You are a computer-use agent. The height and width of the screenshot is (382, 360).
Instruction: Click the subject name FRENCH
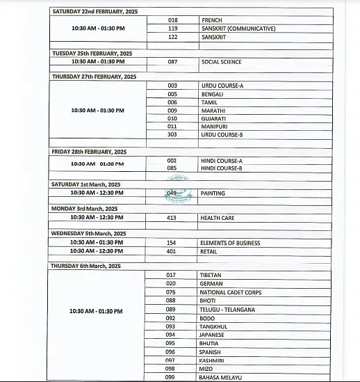click(211, 20)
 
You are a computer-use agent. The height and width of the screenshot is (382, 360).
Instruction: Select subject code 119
click(172, 29)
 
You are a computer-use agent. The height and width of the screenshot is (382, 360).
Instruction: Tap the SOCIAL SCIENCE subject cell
click(221, 62)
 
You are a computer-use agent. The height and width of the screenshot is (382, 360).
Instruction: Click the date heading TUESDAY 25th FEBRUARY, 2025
click(92, 53)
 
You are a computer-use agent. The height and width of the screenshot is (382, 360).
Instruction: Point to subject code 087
click(172, 62)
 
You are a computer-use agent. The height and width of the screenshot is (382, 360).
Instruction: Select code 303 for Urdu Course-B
click(172, 134)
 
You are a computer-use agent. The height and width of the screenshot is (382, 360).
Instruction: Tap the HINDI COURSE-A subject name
click(221, 160)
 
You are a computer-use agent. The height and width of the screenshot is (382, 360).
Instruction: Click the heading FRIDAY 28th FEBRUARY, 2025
click(89, 151)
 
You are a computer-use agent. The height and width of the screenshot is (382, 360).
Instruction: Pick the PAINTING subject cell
click(212, 193)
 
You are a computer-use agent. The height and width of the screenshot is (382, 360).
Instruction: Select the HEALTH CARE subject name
click(218, 218)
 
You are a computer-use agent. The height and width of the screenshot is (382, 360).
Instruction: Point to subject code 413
click(172, 218)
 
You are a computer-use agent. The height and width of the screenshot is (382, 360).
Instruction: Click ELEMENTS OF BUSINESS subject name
click(230, 243)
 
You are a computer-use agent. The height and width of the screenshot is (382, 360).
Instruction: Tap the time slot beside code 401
click(97, 250)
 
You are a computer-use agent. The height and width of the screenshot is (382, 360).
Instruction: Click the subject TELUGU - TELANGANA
click(227, 309)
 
